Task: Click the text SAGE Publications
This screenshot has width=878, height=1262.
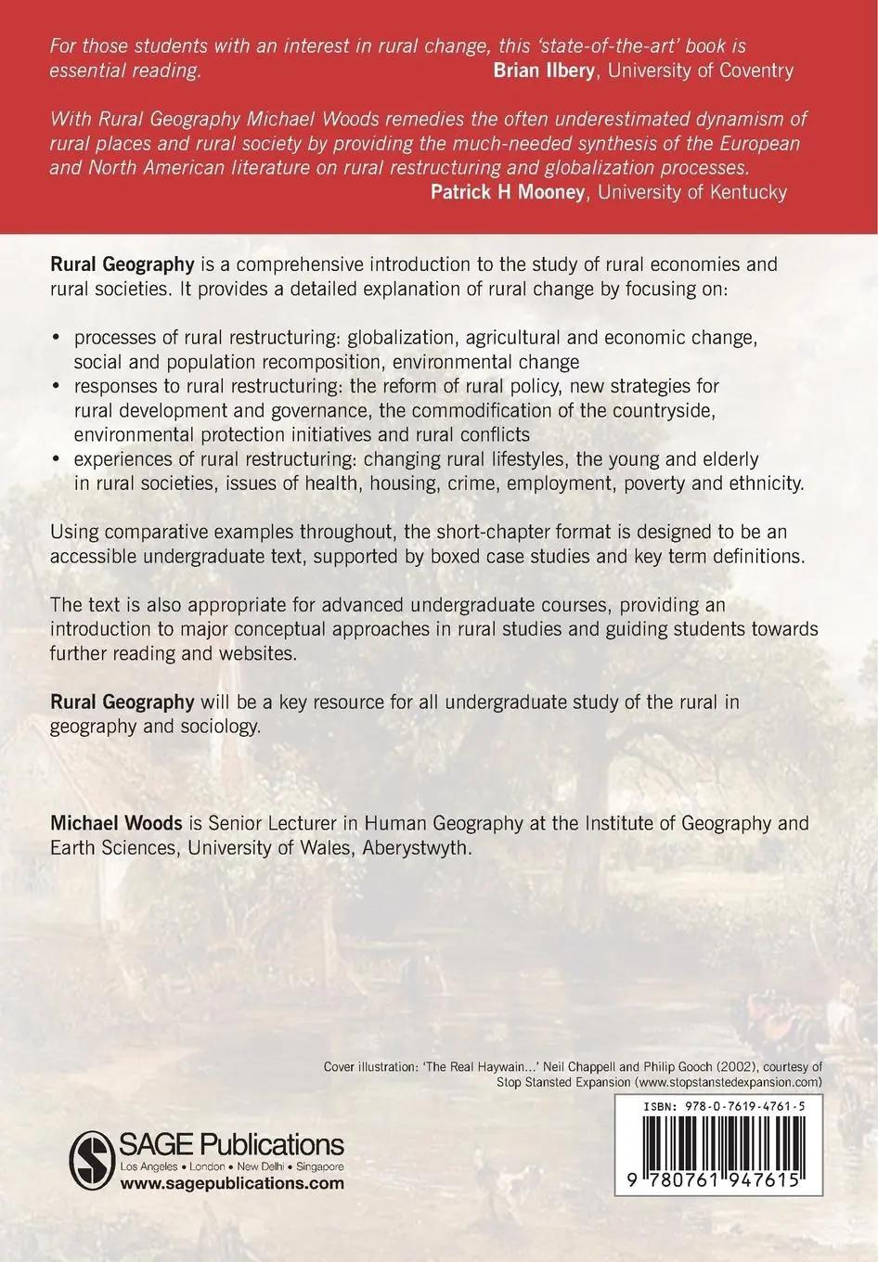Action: coord(233,1144)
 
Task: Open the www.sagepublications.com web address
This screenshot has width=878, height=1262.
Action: coord(232,1183)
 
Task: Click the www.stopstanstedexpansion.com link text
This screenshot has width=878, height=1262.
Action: coord(724,1082)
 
